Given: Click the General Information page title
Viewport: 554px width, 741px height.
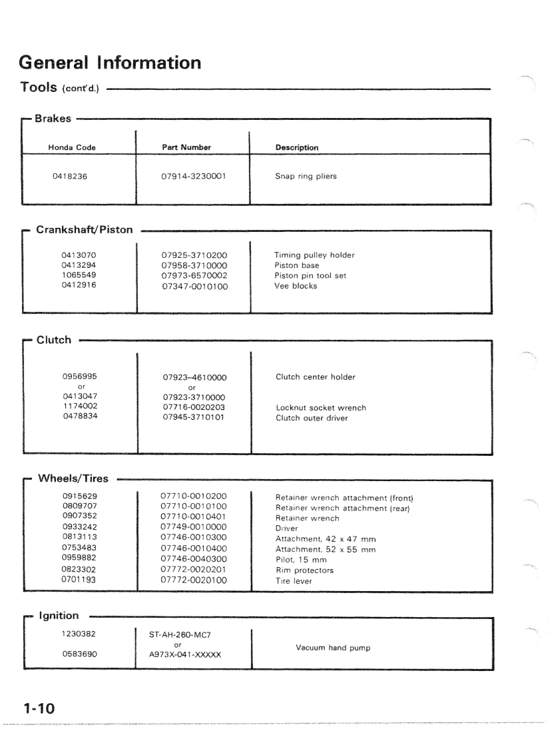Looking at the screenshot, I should tap(110, 64).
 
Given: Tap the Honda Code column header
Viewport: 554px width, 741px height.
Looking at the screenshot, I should tap(73, 147).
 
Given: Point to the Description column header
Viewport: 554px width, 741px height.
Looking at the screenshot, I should tap(296, 147).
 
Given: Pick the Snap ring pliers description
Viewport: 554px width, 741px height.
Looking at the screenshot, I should tap(306, 178).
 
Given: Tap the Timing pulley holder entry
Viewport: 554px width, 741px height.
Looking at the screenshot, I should tap(314, 255).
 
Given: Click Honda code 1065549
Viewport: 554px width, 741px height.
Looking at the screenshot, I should tap(79, 275).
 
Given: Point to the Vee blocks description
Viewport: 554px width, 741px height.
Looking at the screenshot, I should tap(296, 286).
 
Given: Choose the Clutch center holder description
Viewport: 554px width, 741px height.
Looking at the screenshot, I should tap(316, 377).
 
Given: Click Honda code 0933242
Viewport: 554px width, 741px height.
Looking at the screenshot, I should tap(79, 527).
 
